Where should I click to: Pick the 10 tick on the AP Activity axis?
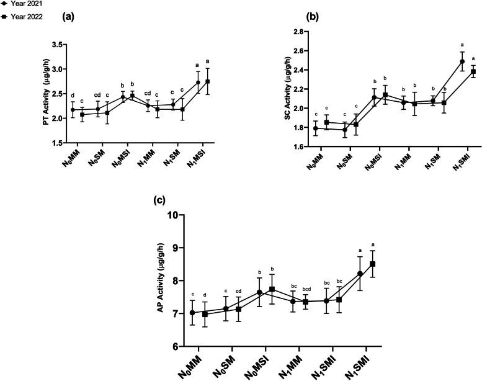[175, 215]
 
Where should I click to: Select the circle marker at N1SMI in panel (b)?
[463, 61]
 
